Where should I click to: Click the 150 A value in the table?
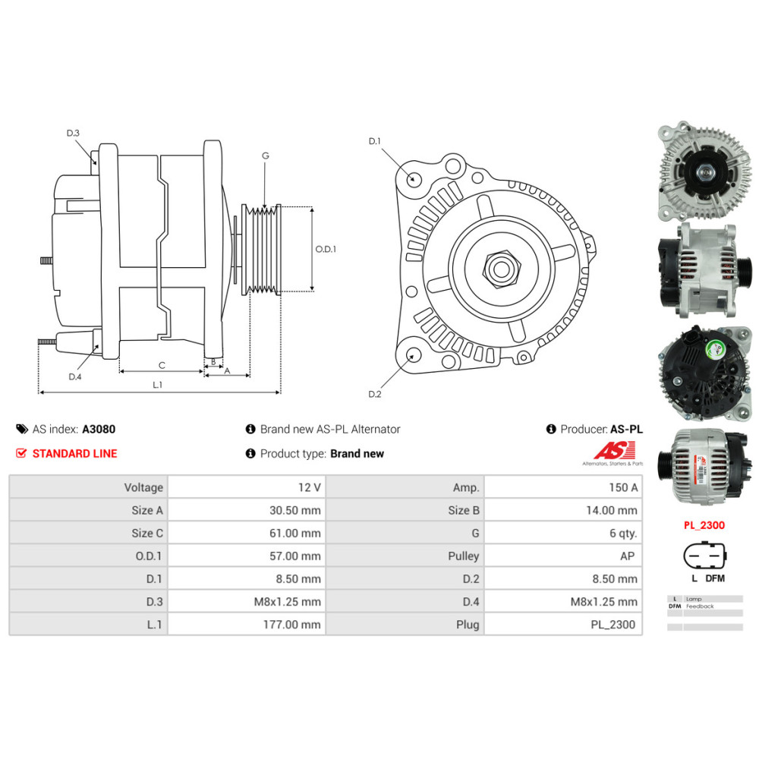pos(623,487)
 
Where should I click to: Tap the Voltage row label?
pos(143,487)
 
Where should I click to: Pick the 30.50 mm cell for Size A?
pos(294,510)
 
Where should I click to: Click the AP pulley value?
pos(627,556)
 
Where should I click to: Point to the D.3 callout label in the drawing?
pos(73,134)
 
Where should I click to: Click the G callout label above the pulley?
pos(265,156)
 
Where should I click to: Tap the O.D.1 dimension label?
pos(326,249)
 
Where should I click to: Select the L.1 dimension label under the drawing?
pos(157,385)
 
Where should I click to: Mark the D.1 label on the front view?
pos(374,141)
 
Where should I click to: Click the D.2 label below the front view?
pos(374,394)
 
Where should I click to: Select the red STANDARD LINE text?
pos(74,454)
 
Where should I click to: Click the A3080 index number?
pos(99,429)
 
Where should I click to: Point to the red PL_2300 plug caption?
pos(704,524)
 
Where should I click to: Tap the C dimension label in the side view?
pos(162,365)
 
